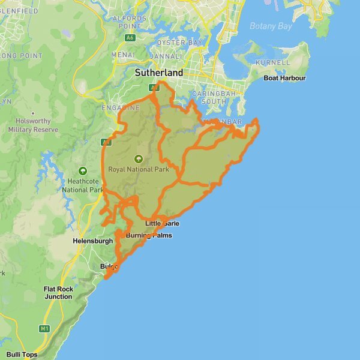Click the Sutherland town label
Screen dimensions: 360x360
click(x=158, y=73)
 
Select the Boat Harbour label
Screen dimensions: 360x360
click(x=285, y=78)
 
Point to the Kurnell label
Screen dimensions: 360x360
click(x=272, y=62)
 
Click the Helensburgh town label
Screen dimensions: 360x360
click(x=92, y=241)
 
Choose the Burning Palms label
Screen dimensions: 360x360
click(x=149, y=235)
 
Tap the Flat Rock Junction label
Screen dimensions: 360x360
click(x=58, y=293)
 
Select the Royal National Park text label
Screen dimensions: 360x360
click(x=139, y=169)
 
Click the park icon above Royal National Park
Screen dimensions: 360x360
click(x=139, y=159)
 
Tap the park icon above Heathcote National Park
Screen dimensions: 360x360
click(x=82, y=171)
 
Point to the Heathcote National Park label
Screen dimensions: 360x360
click(x=83, y=185)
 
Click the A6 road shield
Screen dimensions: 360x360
click(x=130, y=38)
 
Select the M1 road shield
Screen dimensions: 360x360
click(x=44, y=328)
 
